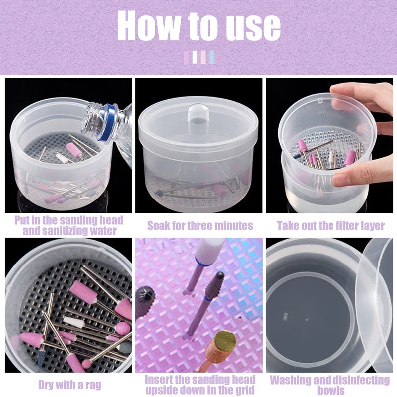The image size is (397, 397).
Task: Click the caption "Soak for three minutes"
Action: (x=200, y=226)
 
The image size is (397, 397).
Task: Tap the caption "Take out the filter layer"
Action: (x=331, y=226)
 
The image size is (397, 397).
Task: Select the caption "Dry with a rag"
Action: (x=69, y=385)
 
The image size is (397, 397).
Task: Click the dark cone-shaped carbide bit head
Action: (x=216, y=285)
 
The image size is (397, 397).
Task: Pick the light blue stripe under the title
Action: (x=212, y=57)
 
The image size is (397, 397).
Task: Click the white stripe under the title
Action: (x=195, y=57)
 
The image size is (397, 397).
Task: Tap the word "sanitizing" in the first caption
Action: (x=79, y=231)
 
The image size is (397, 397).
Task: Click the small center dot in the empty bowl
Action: (x=307, y=320)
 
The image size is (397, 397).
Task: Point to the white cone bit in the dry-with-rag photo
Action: (x=73, y=322)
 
